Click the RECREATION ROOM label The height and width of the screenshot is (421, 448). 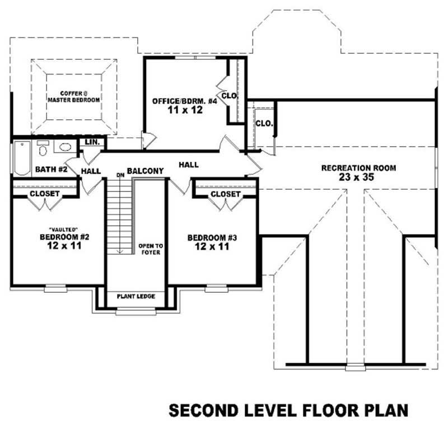358,167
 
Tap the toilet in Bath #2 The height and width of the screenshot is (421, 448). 43,148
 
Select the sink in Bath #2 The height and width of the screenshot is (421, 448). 65,148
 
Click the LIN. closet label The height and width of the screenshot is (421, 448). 92,143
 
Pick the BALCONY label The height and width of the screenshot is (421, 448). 145,171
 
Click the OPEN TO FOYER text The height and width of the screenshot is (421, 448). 150,249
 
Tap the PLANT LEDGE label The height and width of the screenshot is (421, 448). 136,296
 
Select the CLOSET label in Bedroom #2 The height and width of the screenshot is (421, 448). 45,194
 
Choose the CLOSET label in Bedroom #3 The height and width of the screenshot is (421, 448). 226,194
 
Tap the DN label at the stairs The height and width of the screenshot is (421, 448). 120,175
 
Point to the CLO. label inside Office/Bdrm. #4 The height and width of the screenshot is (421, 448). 230,96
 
